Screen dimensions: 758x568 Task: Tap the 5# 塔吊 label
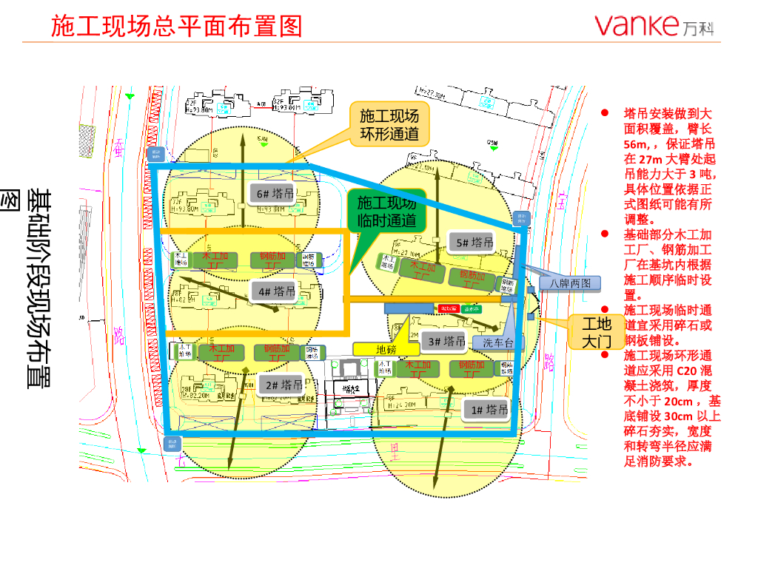tap(472, 243)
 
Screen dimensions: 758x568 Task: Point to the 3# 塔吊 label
tap(445, 341)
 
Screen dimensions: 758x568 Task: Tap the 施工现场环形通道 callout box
tap(388, 124)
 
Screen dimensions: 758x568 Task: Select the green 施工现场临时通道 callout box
tap(386, 212)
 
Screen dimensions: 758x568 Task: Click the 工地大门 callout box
tap(597, 332)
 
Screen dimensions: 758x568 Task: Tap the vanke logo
tap(655, 26)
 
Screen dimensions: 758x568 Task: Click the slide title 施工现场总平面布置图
tap(177, 27)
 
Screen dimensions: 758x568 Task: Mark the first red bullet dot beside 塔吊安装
tap(605, 113)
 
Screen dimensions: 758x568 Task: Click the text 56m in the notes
tap(636, 143)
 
